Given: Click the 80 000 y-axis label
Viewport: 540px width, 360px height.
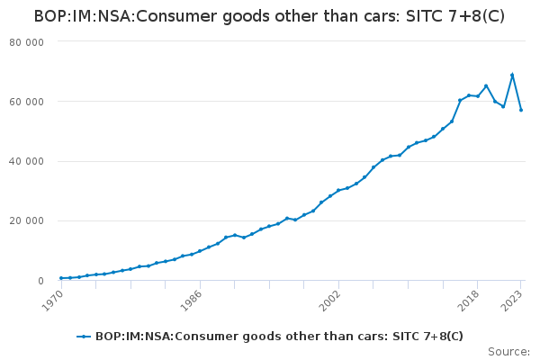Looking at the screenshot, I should (x=28, y=42).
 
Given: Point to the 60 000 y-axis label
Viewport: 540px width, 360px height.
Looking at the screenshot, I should (x=28, y=102).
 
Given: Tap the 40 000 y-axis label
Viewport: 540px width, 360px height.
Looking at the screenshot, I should (x=28, y=161).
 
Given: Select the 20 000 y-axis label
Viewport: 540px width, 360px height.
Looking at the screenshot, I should (x=28, y=221).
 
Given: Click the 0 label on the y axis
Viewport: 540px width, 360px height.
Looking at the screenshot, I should (x=40, y=281).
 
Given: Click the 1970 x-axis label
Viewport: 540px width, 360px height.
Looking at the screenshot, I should (x=54, y=298).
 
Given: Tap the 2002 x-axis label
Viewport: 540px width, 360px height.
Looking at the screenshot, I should (x=332, y=298).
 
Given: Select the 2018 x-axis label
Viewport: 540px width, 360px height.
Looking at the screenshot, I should (x=471, y=298).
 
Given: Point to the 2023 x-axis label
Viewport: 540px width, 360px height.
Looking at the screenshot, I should (x=514, y=298).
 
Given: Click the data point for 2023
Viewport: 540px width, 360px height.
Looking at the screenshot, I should (x=521, y=110).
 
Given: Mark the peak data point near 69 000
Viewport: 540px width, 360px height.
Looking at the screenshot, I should (x=512, y=75).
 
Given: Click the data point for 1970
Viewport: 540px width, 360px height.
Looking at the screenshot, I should (x=61, y=278).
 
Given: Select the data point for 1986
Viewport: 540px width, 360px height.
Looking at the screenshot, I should (x=200, y=251).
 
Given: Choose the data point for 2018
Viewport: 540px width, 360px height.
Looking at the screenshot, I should (x=478, y=95).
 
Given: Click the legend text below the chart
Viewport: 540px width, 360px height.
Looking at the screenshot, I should (x=279, y=336).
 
